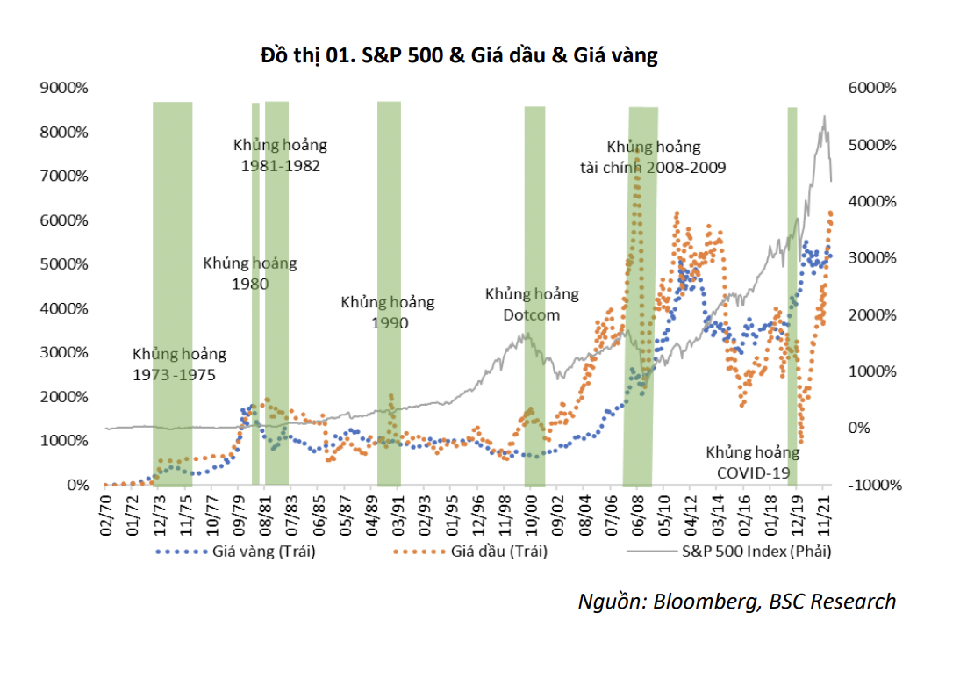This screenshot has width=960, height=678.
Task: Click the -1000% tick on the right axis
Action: coord(869,485)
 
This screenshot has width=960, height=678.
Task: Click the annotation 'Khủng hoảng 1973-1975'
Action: coord(179,364)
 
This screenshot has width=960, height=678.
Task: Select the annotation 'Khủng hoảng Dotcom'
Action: coord(532,304)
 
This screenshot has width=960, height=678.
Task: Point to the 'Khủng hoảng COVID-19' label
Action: coord(753,463)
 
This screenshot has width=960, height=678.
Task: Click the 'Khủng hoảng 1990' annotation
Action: coord(387,313)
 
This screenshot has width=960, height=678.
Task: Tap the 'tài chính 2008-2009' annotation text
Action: coord(652,167)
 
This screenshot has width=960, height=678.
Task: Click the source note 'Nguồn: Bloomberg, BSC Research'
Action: coord(737,602)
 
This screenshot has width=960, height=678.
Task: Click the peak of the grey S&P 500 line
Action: coord(824,116)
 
